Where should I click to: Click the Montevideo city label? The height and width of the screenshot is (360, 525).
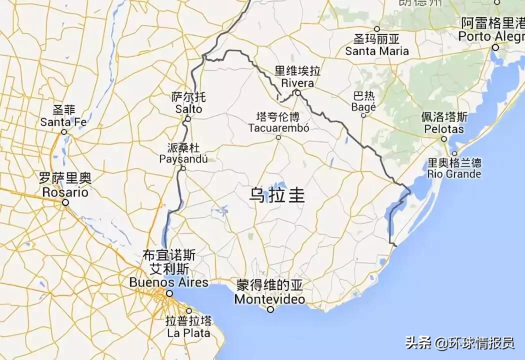[269, 299]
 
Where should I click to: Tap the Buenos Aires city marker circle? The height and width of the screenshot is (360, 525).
[169, 293]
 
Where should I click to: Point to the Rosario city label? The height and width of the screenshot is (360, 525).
[65, 192]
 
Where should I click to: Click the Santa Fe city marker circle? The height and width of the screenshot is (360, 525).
[64, 132]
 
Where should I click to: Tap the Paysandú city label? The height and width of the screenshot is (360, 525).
[183, 159]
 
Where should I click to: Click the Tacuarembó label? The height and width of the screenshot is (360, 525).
[278, 128]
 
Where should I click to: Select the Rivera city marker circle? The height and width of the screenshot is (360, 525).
[297, 92]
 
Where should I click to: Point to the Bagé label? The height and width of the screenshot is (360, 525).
[363, 107]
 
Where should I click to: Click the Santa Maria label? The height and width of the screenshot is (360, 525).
[377, 50]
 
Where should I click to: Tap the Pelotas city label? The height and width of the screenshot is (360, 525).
[443, 129]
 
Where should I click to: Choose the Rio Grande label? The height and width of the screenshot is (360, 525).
[454, 174]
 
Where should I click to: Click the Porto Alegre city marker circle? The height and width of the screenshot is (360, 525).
[495, 47]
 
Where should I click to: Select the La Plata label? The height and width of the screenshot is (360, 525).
[188, 332]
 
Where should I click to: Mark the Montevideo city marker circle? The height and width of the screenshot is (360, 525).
[270, 309]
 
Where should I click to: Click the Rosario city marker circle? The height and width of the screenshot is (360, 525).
[65, 202]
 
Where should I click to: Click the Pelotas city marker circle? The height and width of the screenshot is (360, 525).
[443, 138]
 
